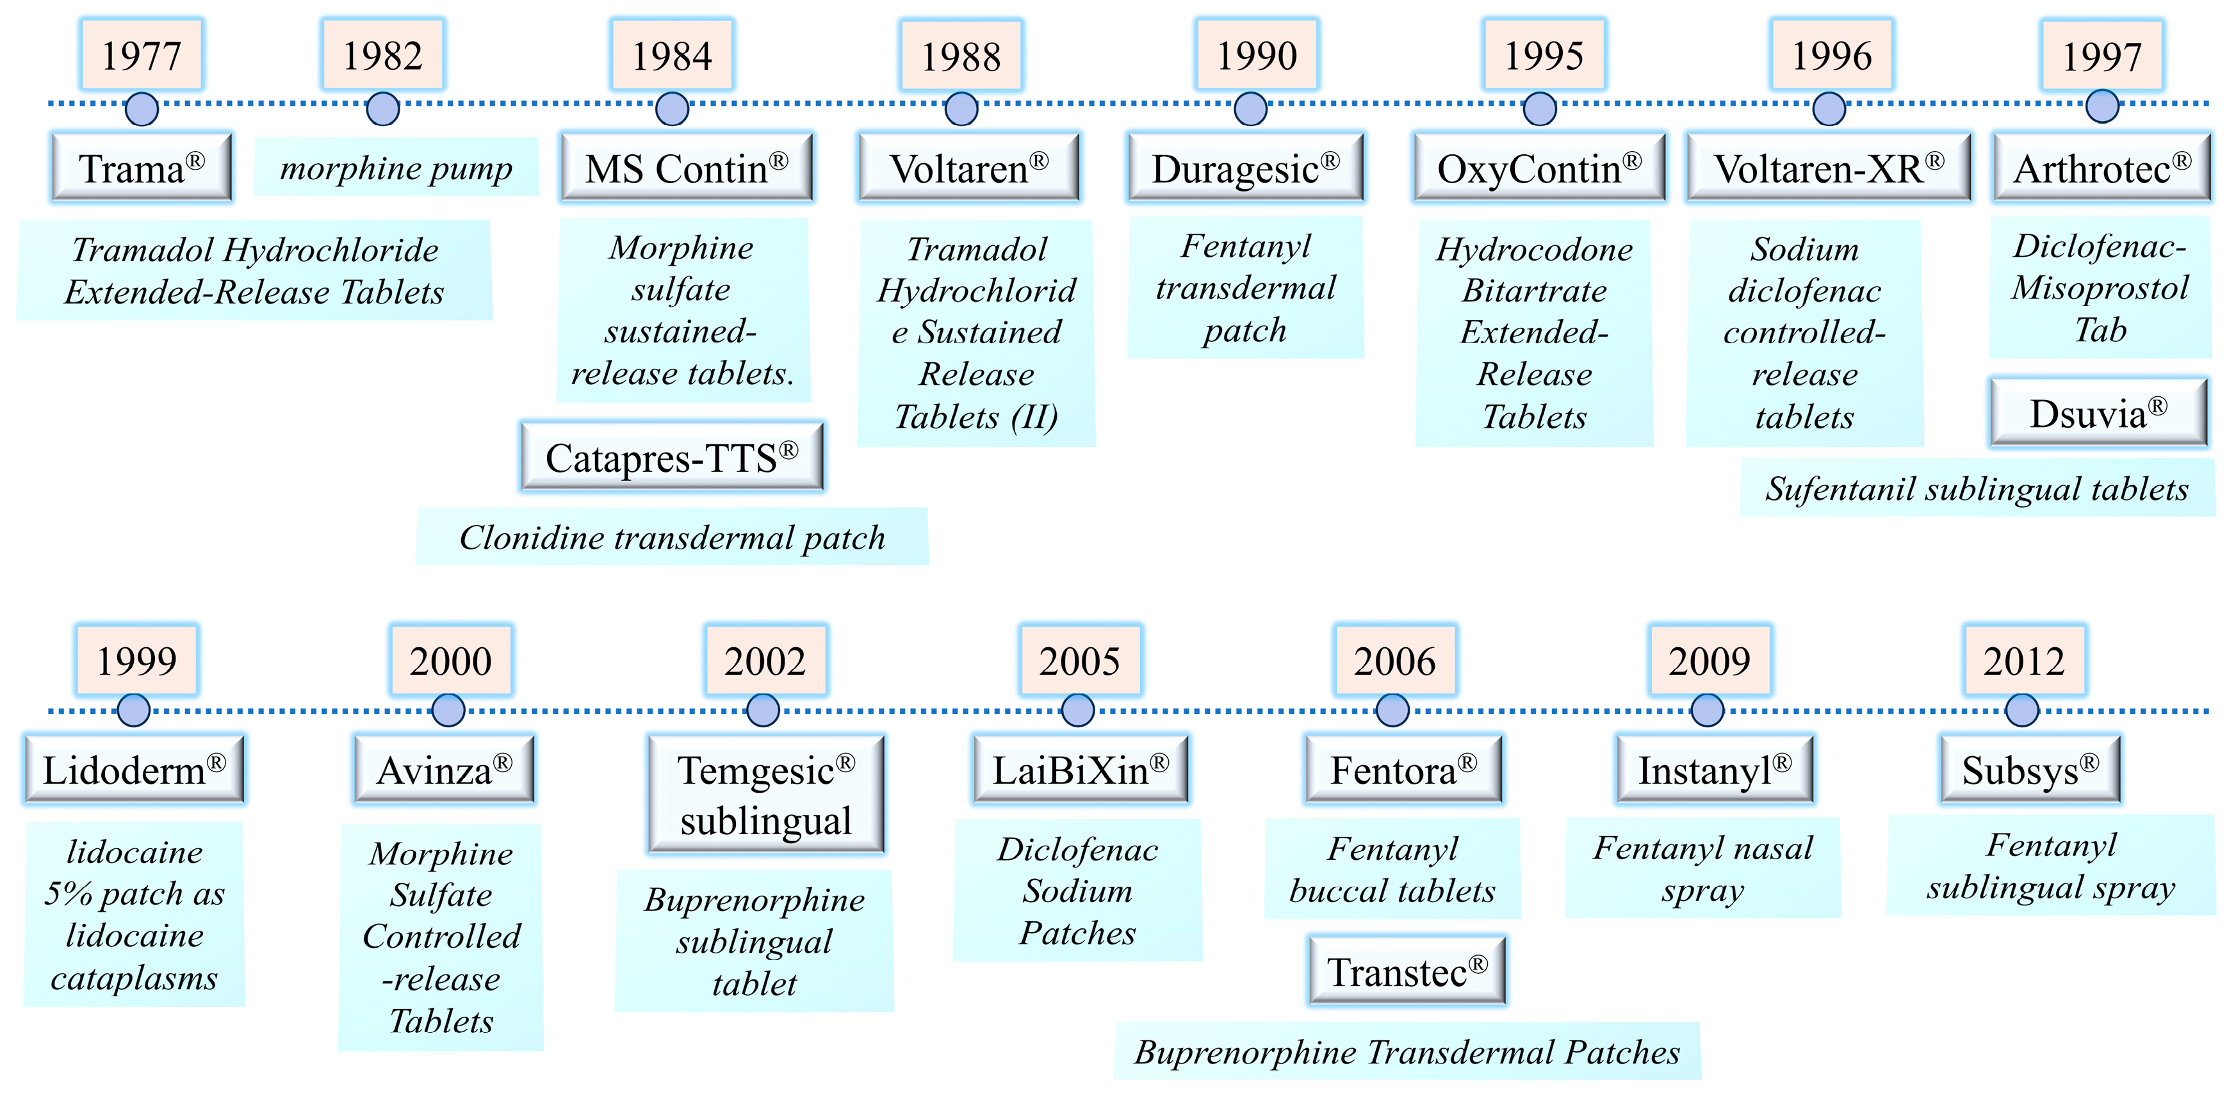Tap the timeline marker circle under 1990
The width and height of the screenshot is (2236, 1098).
click(x=1250, y=109)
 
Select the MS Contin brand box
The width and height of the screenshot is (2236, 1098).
click(x=686, y=168)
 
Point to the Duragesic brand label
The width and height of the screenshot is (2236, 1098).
click(x=1246, y=168)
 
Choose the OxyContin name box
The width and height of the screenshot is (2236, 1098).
click(x=1539, y=168)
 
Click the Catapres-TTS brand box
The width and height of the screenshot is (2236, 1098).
click(x=672, y=457)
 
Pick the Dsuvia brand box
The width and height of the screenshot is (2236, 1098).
click(x=2098, y=413)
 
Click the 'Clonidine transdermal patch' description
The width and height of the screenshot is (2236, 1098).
click(x=672, y=537)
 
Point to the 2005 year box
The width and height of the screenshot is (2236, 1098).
click(x=1080, y=661)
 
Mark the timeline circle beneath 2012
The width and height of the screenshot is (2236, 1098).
click(x=2021, y=710)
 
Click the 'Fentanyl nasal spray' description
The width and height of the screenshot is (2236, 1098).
click(x=1702, y=868)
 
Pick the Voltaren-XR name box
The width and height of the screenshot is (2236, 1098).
click(x=1828, y=168)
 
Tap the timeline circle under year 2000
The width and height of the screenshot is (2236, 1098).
click(x=448, y=710)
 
